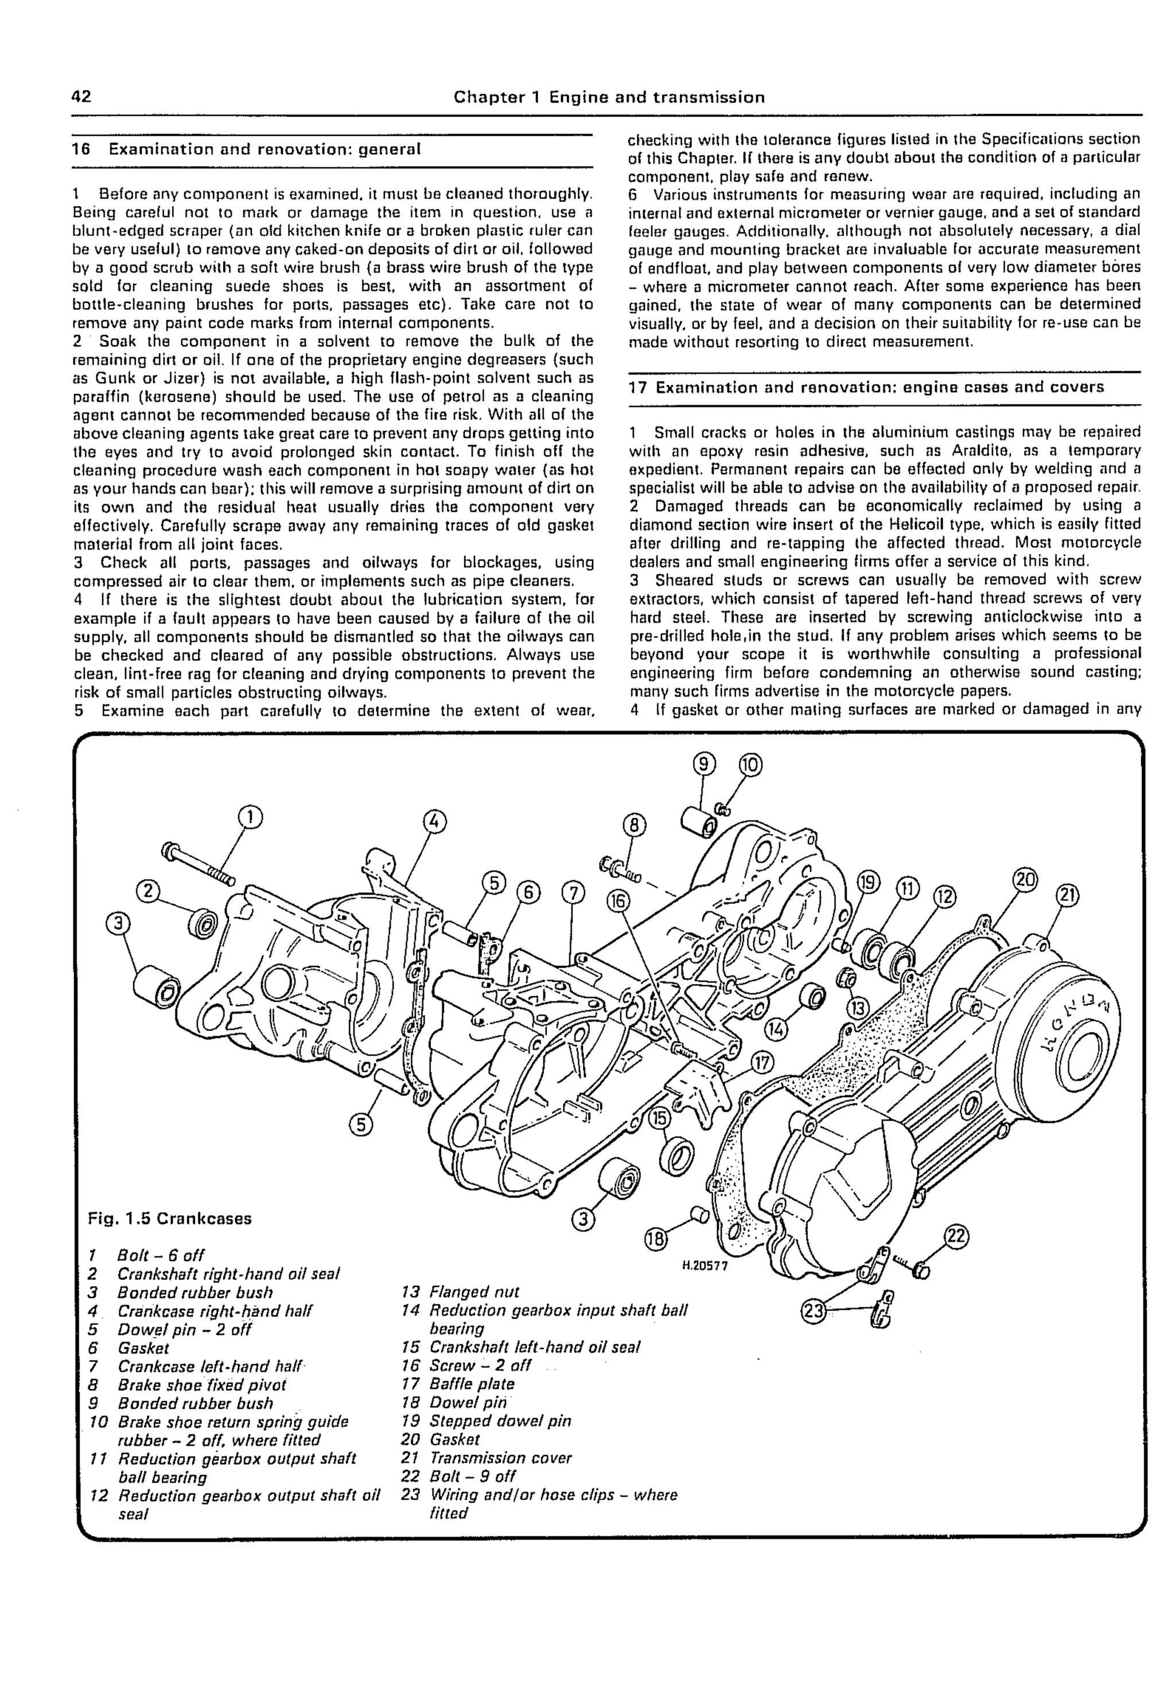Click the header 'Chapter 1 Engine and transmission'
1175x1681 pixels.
coord(609,97)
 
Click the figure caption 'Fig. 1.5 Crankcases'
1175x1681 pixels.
coord(169,1218)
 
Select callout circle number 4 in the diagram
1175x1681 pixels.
coord(434,820)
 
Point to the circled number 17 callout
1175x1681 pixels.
coord(762,1062)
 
